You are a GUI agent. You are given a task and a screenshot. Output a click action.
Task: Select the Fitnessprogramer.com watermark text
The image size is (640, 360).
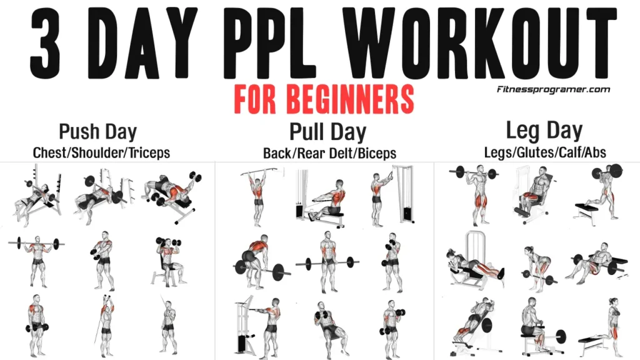pyautogui.click(x=553, y=89)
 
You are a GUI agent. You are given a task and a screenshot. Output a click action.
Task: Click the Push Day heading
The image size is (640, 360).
pyautogui.click(x=97, y=132)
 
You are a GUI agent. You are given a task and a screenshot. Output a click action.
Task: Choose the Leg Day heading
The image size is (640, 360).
pyautogui.click(x=544, y=131)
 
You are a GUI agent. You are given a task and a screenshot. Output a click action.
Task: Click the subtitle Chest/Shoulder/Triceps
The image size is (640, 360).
pyautogui.click(x=101, y=152)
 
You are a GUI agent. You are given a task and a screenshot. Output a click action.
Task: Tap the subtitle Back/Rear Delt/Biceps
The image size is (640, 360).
pyautogui.click(x=329, y=153)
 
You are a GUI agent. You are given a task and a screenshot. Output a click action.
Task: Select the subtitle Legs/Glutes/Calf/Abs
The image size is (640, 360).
pyautogui.click(x=545, y=152)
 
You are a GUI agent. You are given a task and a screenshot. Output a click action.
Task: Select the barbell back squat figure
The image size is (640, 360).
pyautogui.click(x=477, y=194)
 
